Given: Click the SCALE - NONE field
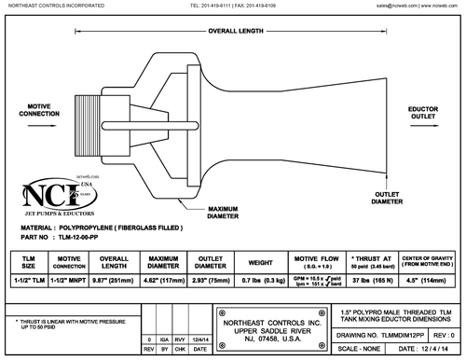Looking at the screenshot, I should (x=356, y=346).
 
